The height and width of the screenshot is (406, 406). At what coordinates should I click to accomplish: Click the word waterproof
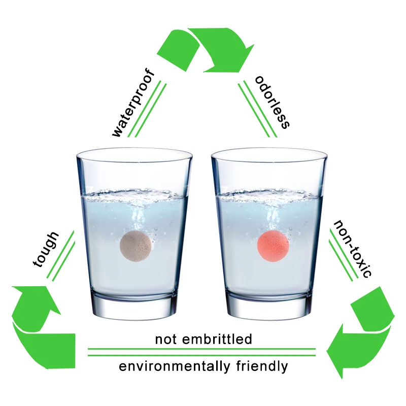click(x=133, y=103)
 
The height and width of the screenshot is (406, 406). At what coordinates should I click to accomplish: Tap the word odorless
click(x=272, y=102)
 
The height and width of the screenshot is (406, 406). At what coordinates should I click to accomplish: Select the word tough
click(x=46, y=249)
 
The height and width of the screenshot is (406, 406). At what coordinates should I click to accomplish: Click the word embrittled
click(x=217, y=339)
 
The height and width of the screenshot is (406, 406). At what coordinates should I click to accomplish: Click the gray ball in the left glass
click(x=136, y=246)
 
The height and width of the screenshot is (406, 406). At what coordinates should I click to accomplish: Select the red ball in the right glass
click(x=273, y=246)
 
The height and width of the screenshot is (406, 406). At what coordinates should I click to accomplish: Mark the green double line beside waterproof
click(x=147, y=109)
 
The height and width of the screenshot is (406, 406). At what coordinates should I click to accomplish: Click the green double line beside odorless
click(x=258, y=109)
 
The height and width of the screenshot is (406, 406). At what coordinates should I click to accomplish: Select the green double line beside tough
click(x=61, y=255)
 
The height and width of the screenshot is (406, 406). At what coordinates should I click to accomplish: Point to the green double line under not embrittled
click(x=201, y=352)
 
